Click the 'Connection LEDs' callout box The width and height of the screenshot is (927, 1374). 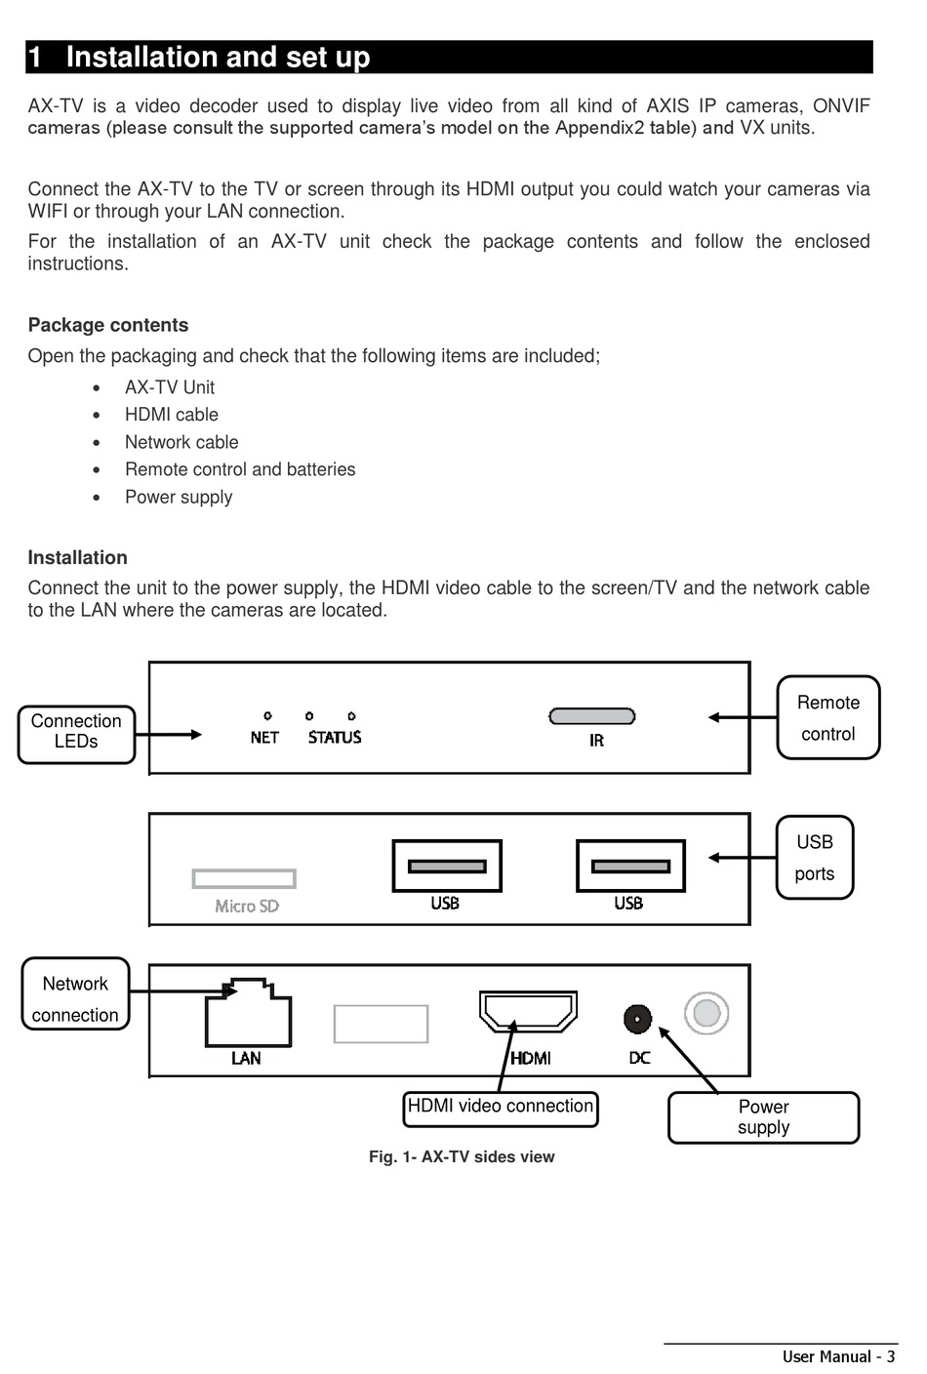point(76,734)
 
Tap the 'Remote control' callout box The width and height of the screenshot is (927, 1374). point(828,717)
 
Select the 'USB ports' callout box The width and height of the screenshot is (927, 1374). point(815,857)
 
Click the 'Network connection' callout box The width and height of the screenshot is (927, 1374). point(75,993)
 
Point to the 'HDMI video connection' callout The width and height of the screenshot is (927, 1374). point(500,1109)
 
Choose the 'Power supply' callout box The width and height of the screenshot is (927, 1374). point(763,1117)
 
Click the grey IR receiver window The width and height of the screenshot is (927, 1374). point(592,716)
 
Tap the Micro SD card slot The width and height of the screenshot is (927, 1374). point(244,878)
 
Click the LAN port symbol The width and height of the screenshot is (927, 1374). point(248,1012)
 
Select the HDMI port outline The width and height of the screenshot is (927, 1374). point(528,1011)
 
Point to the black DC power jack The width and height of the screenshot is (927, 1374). point(637,1020)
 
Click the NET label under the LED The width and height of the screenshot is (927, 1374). point(264,738)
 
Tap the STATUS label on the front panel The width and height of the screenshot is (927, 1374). point(335,738)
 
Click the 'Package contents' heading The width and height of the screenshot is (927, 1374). point(108,325)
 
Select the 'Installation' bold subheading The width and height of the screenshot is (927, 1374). point(77,557)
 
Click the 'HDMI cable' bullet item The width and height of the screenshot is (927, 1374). point(171,415)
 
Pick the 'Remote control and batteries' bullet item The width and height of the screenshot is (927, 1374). point(240,469)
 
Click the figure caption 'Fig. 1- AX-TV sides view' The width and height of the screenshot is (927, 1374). point(462,1156)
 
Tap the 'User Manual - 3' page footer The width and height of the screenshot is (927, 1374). point(838,1356)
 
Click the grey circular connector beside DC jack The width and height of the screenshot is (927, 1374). point(706,1013)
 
